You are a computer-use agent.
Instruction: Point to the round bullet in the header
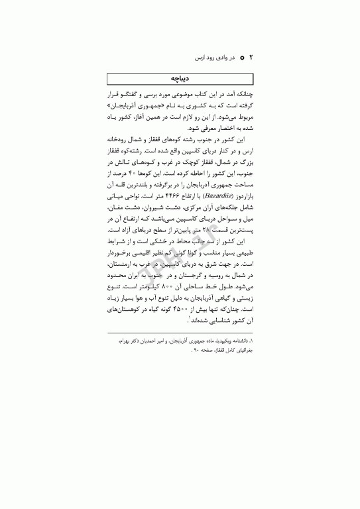243,58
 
